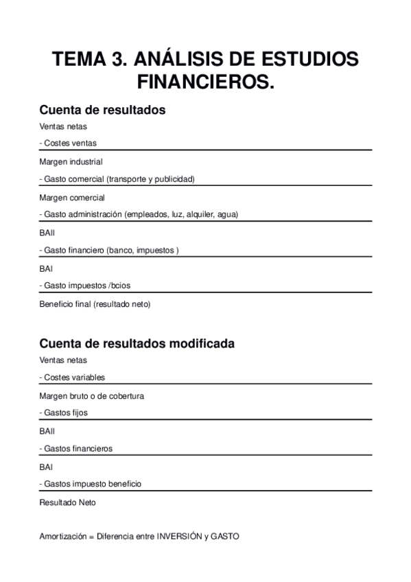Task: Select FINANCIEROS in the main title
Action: (x=206, y=82)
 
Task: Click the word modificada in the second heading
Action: (x=200, y=343)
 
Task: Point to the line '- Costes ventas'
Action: (x=68, y=143)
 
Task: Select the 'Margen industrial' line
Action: (x=71, y=162)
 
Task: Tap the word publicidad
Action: (x=176, y=179)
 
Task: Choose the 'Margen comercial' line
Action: (x=71, y=197)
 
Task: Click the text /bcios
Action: (x=121, y=286)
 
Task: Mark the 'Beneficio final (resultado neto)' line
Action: (x=95, y=303)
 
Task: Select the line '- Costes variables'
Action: (x=72, y=377)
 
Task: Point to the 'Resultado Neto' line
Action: (x=68, y=502)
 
